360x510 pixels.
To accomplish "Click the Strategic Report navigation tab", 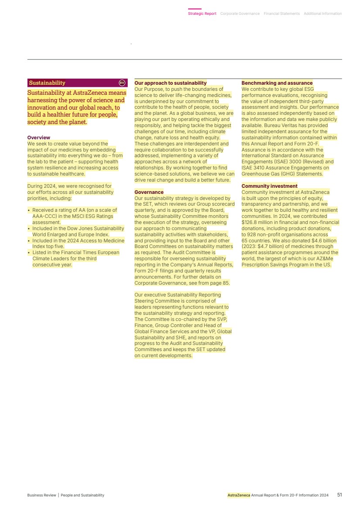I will [202, 14].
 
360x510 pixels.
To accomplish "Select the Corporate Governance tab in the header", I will [240, 14].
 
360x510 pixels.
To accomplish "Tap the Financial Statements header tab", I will [281, 14].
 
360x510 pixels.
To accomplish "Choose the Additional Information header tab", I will [322, 14].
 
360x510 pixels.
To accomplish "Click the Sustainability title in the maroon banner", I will [47, 83].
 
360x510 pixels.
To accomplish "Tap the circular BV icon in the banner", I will [122, 83].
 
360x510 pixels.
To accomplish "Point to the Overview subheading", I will [39, 138].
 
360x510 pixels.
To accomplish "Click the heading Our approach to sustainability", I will [170, 83].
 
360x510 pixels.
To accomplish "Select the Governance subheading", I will [149, 192].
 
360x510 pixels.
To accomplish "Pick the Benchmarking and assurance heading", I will [277, 83].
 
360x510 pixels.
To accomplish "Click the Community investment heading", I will [269, 186].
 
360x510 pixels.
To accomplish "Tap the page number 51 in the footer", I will [339, 495].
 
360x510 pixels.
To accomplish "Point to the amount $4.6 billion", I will [323, 240].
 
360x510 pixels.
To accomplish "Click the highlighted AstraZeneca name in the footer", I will [239, 495].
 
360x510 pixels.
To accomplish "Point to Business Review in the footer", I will [41, 495].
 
